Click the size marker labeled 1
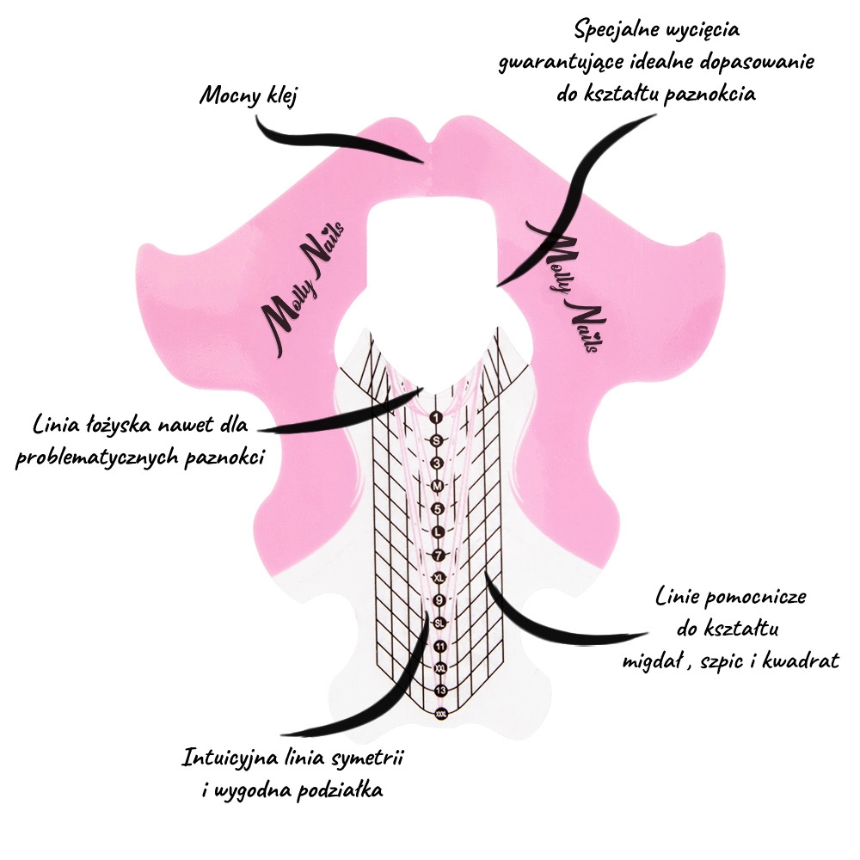[x=436, y=418]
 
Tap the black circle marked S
[x=436, y=440]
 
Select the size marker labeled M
[x=437, y=486]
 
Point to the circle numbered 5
[x=437, y=508]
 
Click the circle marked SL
[x=439, y=623]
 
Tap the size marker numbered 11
[x=439, y=646]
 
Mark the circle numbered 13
[x=440, y=691]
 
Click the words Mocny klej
[x=248, y=95]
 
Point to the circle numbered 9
[x=439, y=599]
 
